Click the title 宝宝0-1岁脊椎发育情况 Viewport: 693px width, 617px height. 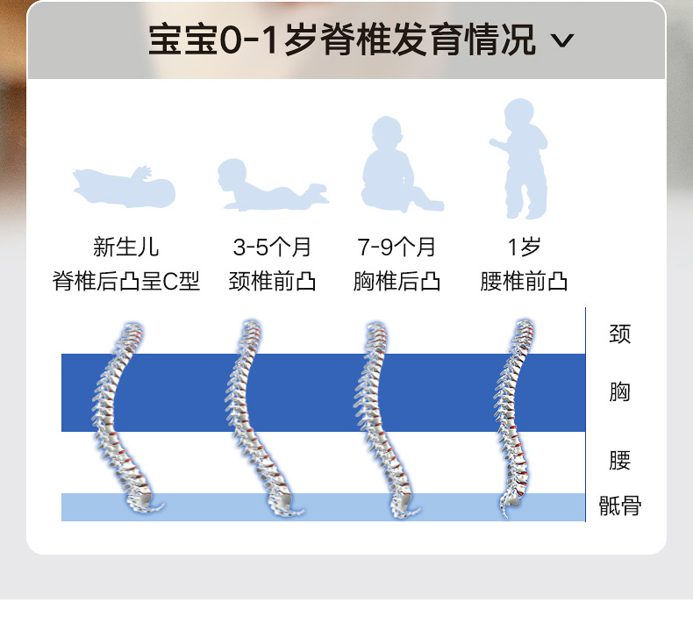(341, 41)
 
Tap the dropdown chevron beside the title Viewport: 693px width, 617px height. (564, 41)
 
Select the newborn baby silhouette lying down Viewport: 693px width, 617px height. (125, 184)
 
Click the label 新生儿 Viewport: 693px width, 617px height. (126, 248)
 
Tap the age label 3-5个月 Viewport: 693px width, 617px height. (272, 248)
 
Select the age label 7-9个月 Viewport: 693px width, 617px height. (397, 248)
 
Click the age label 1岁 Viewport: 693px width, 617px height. (524, 248)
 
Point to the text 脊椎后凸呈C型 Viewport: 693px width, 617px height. (126, 282)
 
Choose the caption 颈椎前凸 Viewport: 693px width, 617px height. (272, 282)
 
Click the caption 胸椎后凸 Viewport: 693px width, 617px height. (397, 282)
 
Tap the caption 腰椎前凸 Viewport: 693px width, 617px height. (524, 282)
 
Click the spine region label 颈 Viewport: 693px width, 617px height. (619, 334)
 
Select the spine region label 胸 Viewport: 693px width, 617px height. (619, 391)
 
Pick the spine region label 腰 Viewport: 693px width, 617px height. (619, 460)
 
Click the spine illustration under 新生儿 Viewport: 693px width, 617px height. (122, 417)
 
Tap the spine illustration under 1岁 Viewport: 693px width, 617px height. (516, 417)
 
